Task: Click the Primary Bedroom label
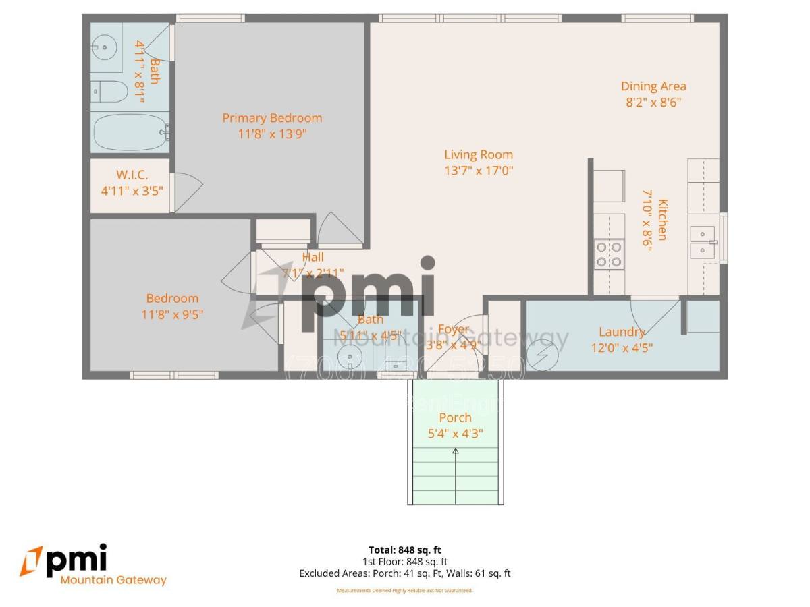(272, 118)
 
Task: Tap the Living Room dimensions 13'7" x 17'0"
(479, 171)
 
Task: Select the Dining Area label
(653, 86)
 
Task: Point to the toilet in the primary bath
(109, 92)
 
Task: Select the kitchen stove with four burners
(609, 254)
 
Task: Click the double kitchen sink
(703, 241)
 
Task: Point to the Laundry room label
(622, 332)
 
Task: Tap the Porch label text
(455, 417)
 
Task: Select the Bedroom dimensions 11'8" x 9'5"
(173, 314)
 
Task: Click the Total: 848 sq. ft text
(405, 550)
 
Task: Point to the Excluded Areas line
(405, 573)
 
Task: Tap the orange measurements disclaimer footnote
(405, 591)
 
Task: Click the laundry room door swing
(653, 314)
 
